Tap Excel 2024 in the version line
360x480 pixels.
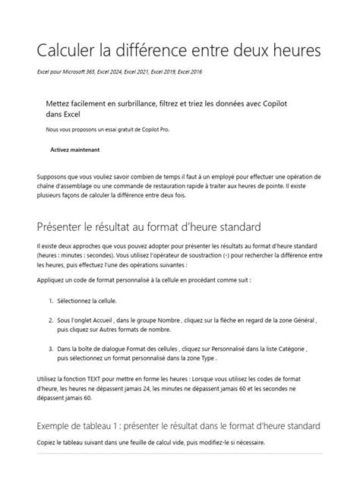click(x=125, y=71)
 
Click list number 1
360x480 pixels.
click(x=50, y=302)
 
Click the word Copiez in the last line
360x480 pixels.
click(x=48, y=443)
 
